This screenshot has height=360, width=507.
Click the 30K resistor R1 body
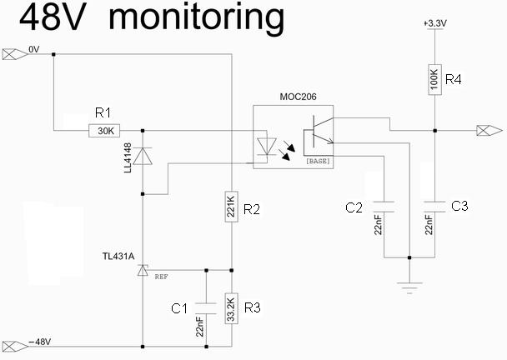106,130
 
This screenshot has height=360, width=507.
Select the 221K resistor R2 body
230,205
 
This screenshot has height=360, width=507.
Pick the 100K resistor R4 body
434,80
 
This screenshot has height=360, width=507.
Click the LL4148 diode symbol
143,157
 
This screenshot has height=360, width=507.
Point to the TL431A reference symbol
143,269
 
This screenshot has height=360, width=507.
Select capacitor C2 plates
384,203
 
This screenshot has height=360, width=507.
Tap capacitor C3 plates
434,203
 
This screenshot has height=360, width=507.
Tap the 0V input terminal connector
13,55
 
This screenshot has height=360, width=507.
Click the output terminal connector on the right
488,130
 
